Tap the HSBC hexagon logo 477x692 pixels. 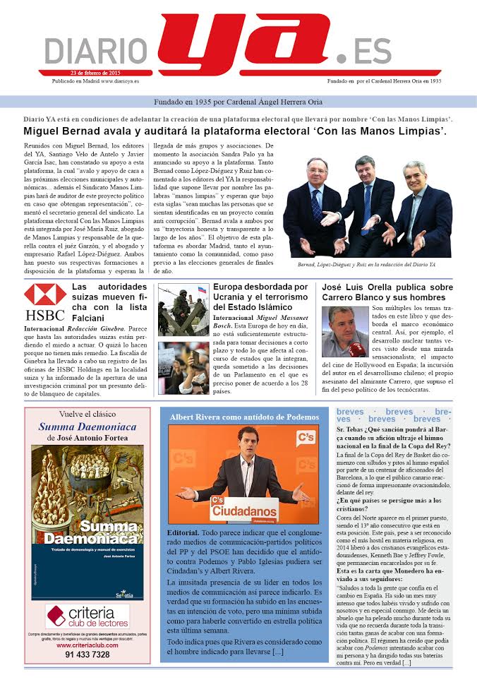pos(45,294)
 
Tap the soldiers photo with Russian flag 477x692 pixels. pos(183,309)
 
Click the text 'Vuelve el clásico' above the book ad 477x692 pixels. pos(87,414)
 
